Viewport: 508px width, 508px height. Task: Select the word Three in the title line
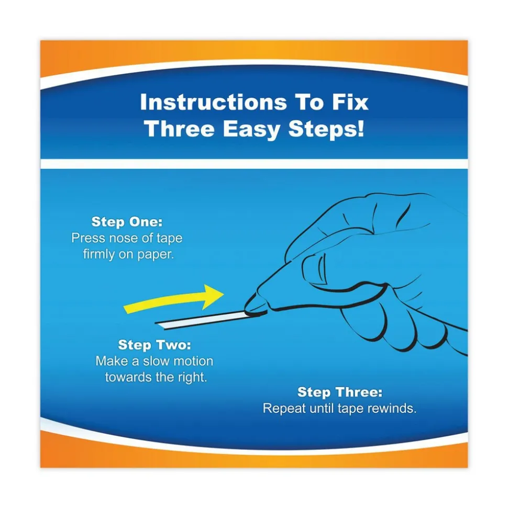click(x=180, y=129)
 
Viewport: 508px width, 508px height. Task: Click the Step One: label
click(x=127, y=222)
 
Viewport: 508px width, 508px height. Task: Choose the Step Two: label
click(x=154, y=345)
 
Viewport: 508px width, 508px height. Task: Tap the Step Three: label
click(x=340, y=392)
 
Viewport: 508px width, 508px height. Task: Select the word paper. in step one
click(x=156, y=255)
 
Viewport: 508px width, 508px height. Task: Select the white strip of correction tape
click(x=201, y=320)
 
